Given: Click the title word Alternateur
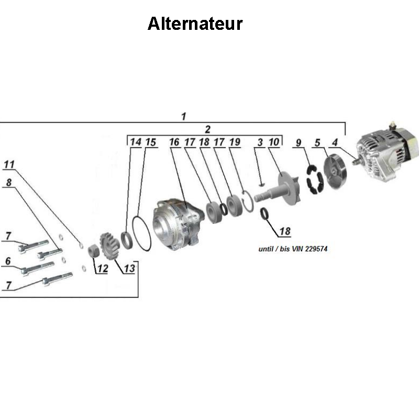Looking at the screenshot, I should tap(195, 24).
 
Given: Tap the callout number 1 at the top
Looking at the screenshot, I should tap(183, 116).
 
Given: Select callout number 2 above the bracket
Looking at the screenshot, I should tap(207, 129).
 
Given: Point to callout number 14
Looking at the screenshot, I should tap(136, 142).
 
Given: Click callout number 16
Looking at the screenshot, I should tap(174, 142).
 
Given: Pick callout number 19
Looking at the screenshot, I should tap(234, 142).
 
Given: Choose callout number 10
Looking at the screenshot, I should tap(274, 142).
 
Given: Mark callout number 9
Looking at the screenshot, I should tap(299, 142).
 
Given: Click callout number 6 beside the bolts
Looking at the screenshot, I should tap(8, 261).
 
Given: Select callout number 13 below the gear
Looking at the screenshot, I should tap(129, 269).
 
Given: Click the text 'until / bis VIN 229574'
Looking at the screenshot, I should tap(293, 249).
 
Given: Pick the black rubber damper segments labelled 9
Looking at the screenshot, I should tap(314, 181).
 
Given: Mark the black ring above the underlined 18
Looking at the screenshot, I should tap(266, 214).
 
